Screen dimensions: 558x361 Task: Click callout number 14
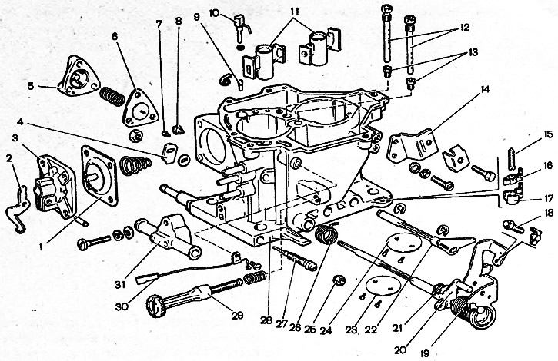485,89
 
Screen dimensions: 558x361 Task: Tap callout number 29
238,315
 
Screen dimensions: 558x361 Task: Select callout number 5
31,86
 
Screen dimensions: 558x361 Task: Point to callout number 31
121,284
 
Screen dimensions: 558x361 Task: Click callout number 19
425,353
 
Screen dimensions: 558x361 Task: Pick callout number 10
214,14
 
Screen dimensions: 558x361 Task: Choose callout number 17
549,198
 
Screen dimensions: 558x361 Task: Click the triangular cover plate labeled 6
140,108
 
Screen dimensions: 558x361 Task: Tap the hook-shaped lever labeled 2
18,210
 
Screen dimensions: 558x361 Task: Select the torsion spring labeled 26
326,233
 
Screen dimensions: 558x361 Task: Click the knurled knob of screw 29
155,306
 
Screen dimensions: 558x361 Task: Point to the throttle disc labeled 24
404,243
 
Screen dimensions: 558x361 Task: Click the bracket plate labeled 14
413,144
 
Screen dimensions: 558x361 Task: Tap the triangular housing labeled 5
79,76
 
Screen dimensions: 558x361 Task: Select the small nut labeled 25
339,280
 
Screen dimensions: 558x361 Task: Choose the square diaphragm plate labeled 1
99,175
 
